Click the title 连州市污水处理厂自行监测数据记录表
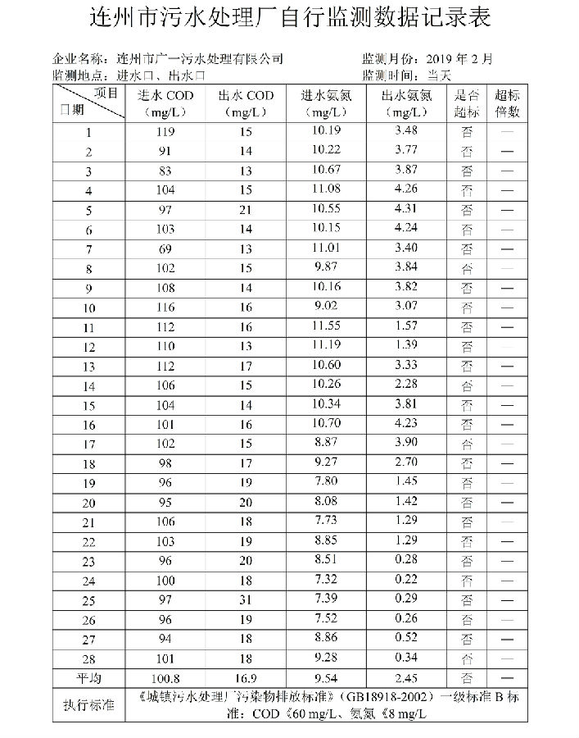click(x=289, y=18)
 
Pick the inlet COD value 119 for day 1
click(x=165, y=132)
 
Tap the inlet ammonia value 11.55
click(x=326, y=326)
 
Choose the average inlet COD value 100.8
click(x=165, y=678)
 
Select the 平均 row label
click(x=88, y=678)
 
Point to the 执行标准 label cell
click(x=88, y=704)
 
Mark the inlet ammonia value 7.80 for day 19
click(x=326, y=481)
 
